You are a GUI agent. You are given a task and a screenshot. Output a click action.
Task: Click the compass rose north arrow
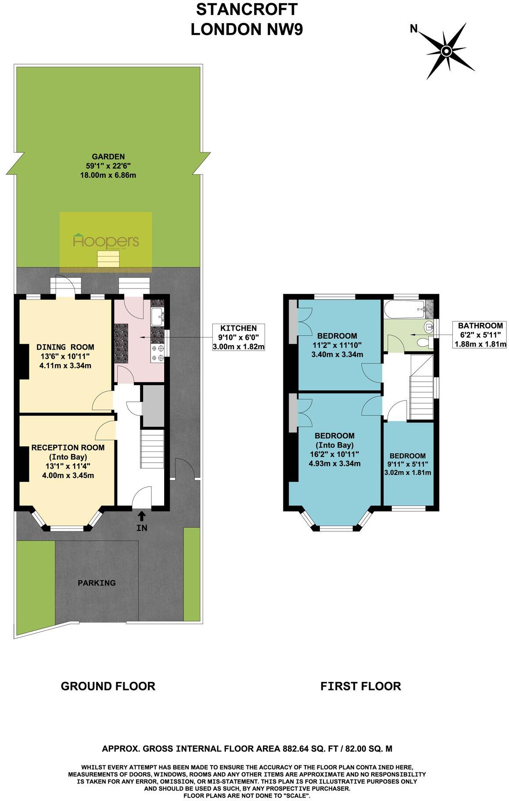coord(446,51)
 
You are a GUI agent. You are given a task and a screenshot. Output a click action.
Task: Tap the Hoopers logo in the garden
coord(106,241)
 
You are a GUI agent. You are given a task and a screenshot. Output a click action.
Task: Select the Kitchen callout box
coord(238,337)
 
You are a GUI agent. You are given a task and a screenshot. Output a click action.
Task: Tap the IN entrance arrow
coord(142,516)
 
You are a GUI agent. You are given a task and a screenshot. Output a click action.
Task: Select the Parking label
coord(97,583)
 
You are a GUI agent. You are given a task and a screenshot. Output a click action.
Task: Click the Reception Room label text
coord(68,447)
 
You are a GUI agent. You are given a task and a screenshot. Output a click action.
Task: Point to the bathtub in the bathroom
coord(404,309)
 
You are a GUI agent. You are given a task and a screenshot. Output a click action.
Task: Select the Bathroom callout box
coord(480,334)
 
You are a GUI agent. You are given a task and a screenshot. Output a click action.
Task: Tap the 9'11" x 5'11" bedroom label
coord(407,464)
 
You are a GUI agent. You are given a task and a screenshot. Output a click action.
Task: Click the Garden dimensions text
coord(108,170)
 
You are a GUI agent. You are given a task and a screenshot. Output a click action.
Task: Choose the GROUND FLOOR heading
coord(108,686)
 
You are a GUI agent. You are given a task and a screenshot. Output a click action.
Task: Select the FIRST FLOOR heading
coord(360,686)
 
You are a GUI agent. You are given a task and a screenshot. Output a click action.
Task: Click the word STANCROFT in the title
coord(247,10)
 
